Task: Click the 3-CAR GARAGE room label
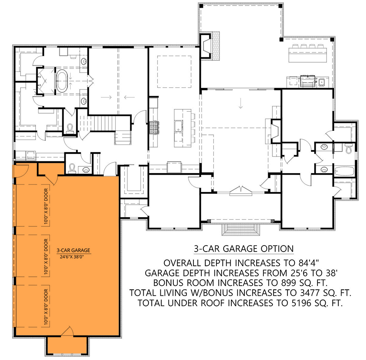coord(73,250)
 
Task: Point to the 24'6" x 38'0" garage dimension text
coord(73,256)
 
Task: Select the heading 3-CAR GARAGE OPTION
coord(244,249)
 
